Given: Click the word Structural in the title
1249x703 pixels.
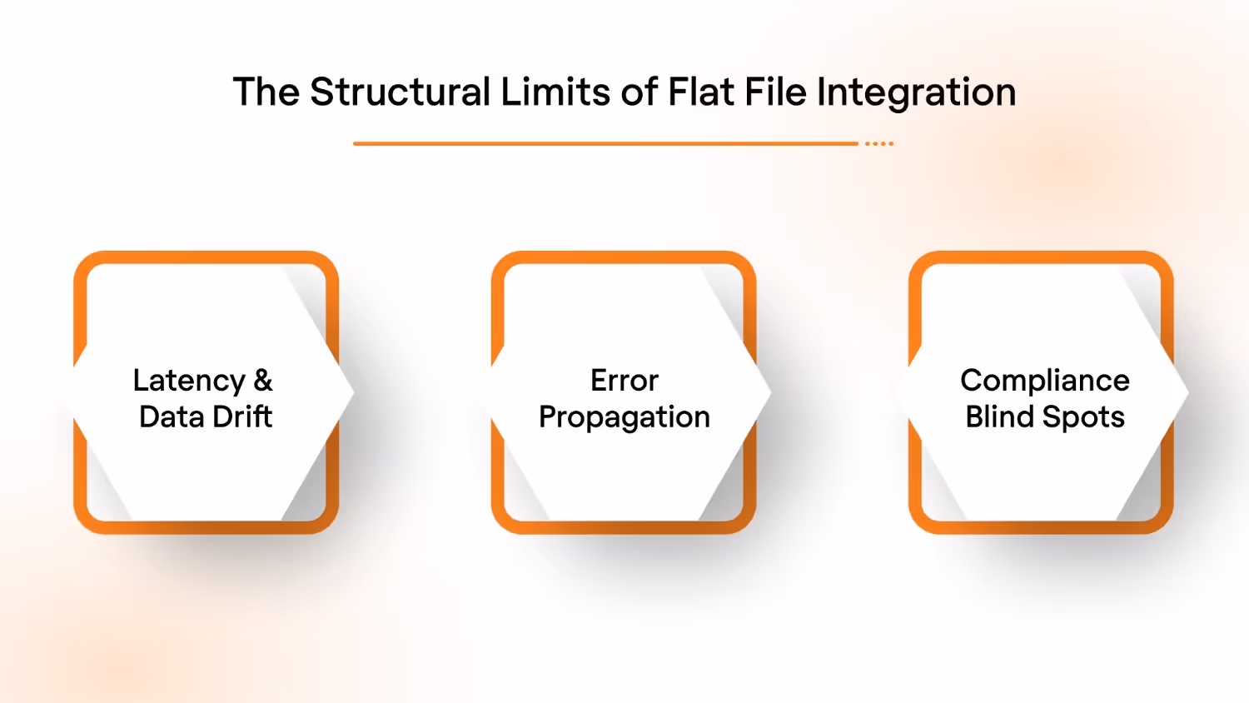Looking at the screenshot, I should [x=400, y=92].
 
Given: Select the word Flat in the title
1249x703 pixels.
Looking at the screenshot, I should [x=701, y=92].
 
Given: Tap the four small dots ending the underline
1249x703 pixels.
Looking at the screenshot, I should [x=879, y=144].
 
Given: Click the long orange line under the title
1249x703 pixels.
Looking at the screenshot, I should [x=605, y=144].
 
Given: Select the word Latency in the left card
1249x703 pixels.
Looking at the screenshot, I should [x=189, y=381].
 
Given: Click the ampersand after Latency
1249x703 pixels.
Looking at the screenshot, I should [x=263, y=381].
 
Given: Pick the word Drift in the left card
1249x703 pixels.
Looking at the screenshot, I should [x=241, y=416].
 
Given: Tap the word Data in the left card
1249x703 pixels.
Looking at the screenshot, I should [x=171, y=416].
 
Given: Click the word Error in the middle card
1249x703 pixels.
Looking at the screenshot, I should [x=624, y=381].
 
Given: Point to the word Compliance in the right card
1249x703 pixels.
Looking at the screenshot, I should [x=1045, y=381].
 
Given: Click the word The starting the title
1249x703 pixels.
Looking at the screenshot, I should [x=266, y=92].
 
